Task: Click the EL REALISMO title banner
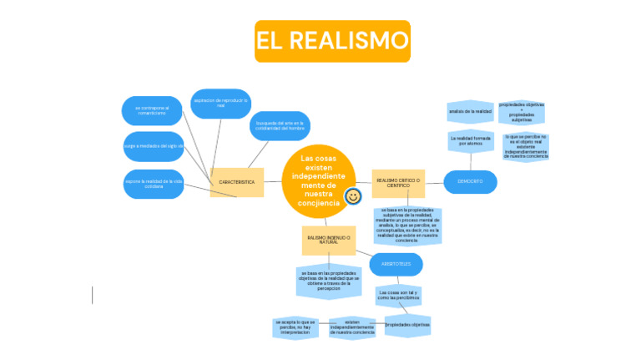pos(332,41)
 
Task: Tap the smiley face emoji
pos(353,196)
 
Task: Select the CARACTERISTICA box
pos(237,181)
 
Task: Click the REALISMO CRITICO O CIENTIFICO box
pos(398,181)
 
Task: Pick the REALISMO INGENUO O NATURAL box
pos(329,240)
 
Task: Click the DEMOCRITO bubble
pos(470,181)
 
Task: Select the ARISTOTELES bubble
pos(396,264)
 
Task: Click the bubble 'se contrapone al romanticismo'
pos(153,110)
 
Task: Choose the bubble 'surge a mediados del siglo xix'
pos(154,145)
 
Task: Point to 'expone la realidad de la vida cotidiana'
pos(154,183)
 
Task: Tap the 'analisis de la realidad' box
pos(470,110)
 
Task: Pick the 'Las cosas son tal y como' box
pos(398,296)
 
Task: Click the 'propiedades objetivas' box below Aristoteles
pos(407,325)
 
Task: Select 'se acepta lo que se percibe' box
pos(295,327)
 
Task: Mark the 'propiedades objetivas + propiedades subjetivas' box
pos(522,111)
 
